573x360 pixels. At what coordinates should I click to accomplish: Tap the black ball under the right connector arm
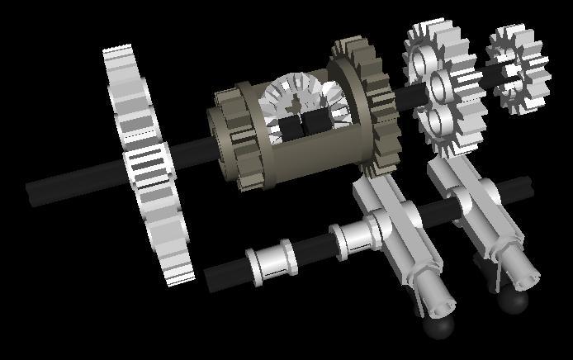pyautogui.click(x=514, y=301)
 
